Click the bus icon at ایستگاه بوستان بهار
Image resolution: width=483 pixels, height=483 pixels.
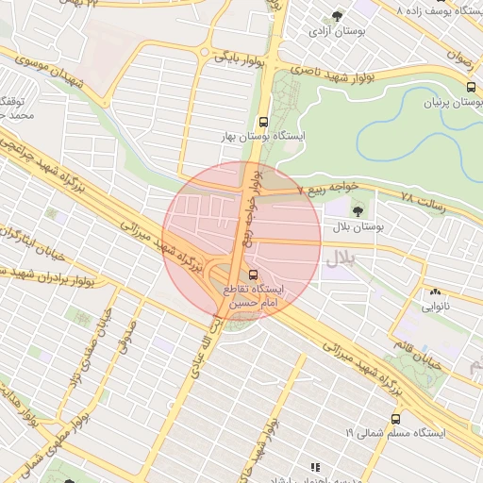[263, 122]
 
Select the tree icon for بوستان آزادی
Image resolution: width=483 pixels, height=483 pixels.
[338, 15]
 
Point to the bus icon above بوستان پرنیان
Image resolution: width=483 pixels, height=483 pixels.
[471, 86]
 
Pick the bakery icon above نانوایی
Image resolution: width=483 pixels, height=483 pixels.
[435, 291]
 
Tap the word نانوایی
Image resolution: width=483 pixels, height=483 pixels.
[435, 307]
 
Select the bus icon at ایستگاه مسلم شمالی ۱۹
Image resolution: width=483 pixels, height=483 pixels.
[394, 419]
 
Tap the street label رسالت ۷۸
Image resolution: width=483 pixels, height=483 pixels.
[421, 198]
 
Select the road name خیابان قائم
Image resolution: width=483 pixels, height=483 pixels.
[444, 358]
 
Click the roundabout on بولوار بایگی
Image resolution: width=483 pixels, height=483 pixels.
[204, 52]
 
